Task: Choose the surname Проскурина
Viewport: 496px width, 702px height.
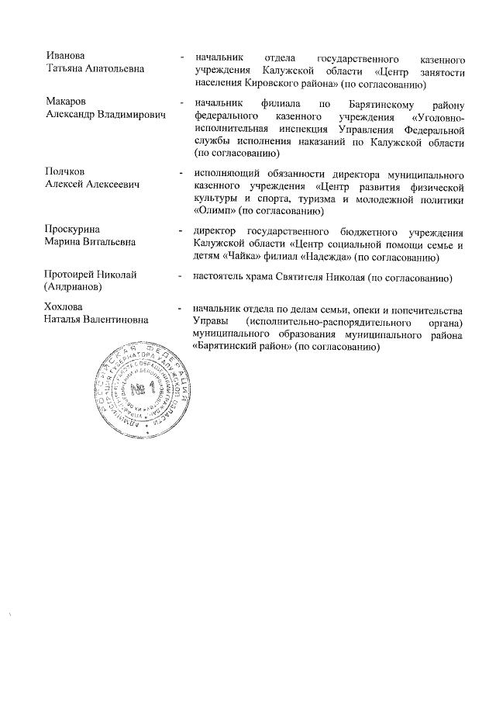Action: [72, 230]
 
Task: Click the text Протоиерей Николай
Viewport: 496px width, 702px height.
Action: [91, 275]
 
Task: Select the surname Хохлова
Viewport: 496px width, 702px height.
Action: [65, 308]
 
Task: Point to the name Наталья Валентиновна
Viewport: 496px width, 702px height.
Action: [97, 320]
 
